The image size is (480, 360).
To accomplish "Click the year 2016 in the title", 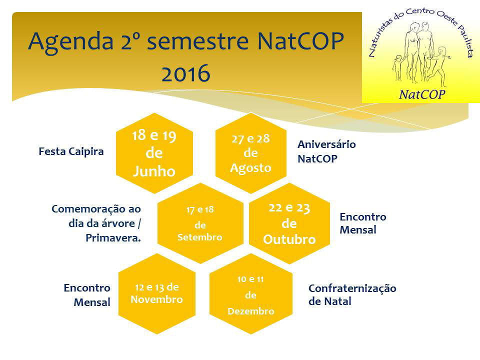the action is [186, 73].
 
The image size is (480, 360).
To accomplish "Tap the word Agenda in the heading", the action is [70, 42].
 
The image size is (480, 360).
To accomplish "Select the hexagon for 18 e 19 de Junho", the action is [154, 153].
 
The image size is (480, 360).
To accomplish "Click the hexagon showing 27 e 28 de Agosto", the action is [251, 153].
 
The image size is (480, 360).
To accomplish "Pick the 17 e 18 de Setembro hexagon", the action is [200, 223].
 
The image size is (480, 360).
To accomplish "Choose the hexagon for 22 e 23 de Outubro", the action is [289, 223].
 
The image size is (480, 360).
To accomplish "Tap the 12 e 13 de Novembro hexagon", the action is [156, 293].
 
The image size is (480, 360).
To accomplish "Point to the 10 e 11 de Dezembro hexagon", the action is [251, 293].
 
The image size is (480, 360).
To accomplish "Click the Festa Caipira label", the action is [71, 151].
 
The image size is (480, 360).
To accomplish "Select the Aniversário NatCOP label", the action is [326, 151].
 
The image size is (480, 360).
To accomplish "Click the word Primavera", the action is [113, 238].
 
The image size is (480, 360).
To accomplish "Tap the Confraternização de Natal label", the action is [352, 294].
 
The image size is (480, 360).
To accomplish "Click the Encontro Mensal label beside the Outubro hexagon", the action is [363, 223].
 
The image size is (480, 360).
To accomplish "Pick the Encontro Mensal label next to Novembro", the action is [87, 295].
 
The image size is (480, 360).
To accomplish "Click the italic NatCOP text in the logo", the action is [422, 94].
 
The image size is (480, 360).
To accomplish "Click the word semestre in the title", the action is [198, 41].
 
